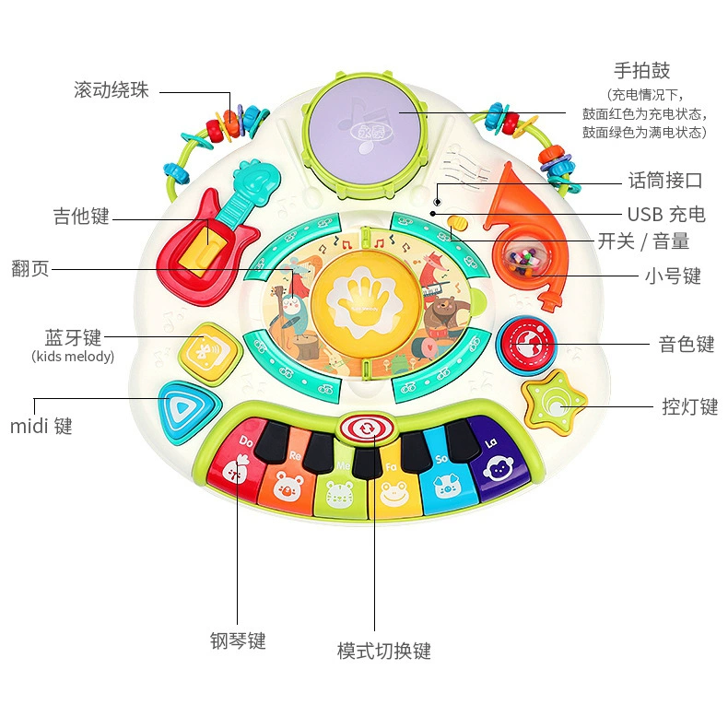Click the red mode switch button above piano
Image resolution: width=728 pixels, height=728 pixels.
(367, 429)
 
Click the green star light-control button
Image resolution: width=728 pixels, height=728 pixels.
(554, 403)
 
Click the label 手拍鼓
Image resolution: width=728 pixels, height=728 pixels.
(642, 71)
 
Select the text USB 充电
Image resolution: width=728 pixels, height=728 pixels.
(666, 215)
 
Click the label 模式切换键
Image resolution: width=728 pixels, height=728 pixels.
(384, 651)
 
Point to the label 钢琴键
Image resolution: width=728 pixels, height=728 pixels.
(238, 640)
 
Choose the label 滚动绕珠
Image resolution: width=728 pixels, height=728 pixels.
(112, 89)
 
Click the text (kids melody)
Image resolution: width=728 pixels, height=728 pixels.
(73, 357)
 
